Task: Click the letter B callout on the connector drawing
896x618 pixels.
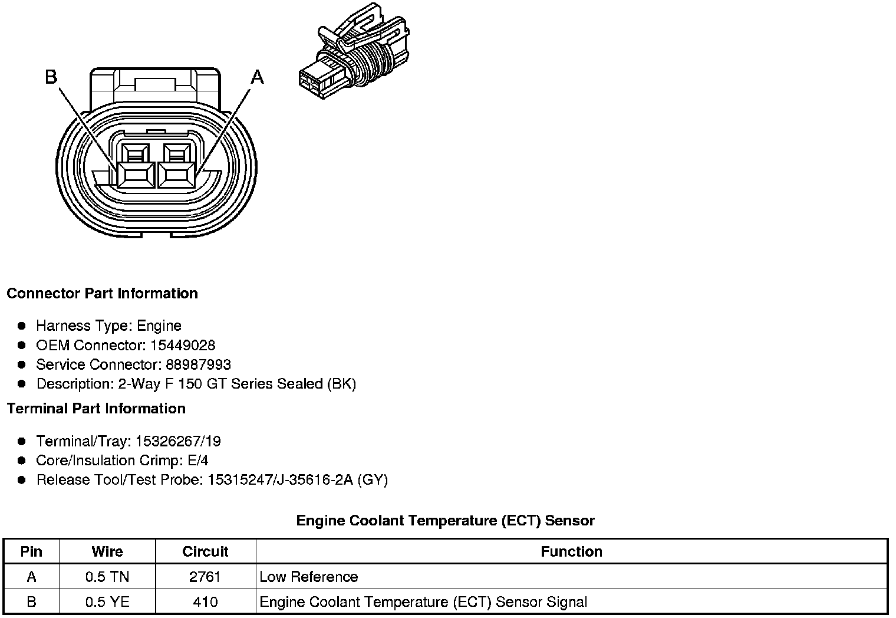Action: (51, 77)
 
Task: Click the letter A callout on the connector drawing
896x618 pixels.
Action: (258, 77)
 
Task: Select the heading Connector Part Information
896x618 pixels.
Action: (102, 294)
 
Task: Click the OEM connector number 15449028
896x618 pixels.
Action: (182, 345)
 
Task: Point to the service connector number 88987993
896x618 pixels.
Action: (198, 364)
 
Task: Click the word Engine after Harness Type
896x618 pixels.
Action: (159, 326)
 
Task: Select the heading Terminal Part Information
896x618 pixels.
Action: (96, 409)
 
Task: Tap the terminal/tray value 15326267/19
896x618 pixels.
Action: (178, 441)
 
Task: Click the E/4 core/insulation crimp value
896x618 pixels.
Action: (197, 461)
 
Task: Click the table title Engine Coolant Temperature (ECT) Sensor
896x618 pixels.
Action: (445, 521)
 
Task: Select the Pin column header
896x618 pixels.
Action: (31, 551)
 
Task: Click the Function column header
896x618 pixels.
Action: (571, 551)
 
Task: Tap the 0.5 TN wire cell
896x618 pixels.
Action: (107, 577)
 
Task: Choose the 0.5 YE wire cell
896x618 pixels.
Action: (107, 602)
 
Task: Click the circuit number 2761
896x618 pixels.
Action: (205, 577)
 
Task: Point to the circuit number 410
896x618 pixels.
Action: (205, 602)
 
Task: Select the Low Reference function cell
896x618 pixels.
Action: (309, 577)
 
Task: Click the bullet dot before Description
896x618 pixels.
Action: (22, 384)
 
